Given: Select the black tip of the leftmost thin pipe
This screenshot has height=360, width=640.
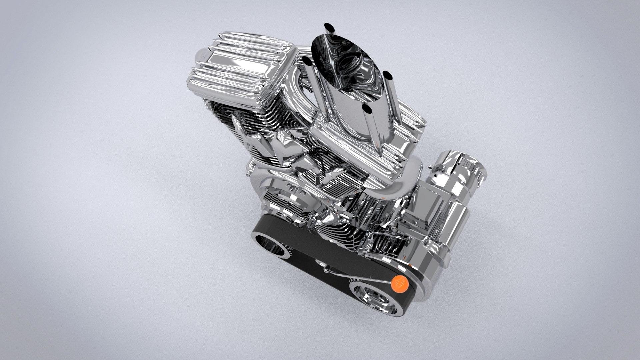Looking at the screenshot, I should pyautogui.click(x=306, y=61).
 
